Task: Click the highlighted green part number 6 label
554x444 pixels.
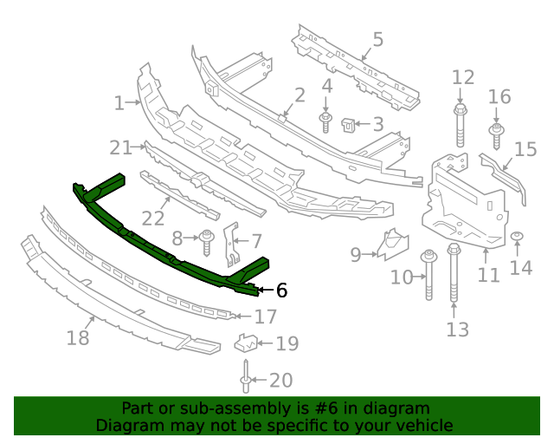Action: point(281,291)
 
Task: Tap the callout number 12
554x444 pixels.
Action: point(463,76)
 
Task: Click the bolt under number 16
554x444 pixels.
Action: point(498,136)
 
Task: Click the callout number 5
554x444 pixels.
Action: point(377,39)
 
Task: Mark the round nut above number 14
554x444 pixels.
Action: point(517,237)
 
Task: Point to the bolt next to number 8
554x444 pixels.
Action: point(208,240)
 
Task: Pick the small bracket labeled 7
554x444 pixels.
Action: point(229,244)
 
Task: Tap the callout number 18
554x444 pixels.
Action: point(78,337)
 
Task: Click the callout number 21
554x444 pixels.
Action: point(120,147)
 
